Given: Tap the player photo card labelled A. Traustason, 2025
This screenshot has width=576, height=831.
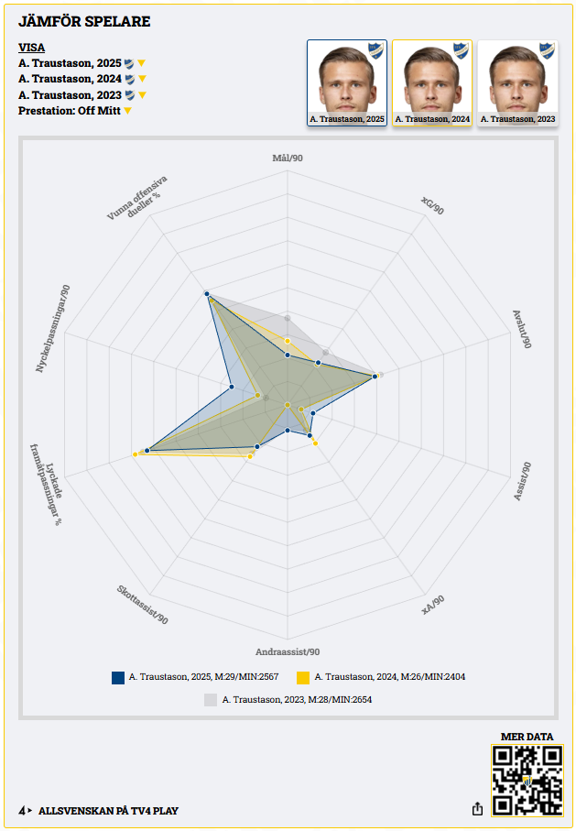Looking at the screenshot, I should [346, 82].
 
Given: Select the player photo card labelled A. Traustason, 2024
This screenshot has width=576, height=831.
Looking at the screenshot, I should [431, 82].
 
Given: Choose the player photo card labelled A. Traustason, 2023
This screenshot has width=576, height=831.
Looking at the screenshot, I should [517, 82].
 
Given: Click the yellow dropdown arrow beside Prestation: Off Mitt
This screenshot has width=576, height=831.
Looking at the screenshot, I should [128, 111].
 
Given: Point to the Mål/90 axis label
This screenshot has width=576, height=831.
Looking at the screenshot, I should [288, 158].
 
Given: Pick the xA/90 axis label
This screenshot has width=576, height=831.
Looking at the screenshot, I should [433, 605].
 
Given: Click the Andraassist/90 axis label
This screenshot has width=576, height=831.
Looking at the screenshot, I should [288, 652].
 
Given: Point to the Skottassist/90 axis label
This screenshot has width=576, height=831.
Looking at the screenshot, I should [143, 606].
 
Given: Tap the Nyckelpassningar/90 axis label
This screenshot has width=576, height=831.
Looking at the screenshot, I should [53, 328].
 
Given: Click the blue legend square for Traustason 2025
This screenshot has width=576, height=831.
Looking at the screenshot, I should [118, 677].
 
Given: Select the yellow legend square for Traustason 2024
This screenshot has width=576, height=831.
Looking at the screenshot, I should [303, 677].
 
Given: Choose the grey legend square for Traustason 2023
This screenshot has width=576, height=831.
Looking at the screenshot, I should [211, 699].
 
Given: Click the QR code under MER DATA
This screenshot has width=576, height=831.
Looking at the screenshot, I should [527, 780].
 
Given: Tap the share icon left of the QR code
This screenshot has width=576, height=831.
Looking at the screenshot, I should [477, 809].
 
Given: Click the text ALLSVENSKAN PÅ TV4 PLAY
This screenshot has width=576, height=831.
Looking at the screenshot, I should [108, 811].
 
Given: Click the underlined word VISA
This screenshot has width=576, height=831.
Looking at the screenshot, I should [31, 48].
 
